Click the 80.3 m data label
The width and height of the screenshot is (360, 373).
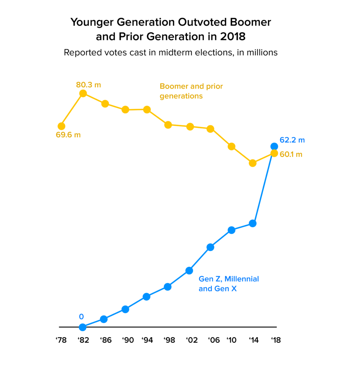89,85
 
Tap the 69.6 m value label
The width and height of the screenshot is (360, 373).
68,135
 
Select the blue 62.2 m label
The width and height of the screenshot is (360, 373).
292,140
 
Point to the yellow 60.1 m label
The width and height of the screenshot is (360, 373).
291,154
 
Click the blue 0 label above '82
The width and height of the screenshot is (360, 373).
81,317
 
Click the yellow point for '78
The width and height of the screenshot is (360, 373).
61,126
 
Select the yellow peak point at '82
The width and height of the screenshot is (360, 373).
83,93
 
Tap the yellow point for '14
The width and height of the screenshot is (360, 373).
253,163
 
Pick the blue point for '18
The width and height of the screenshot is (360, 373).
274,146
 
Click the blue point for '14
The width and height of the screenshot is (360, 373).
253,223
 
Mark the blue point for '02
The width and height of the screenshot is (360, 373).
189,270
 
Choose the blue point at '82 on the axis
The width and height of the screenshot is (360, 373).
83,327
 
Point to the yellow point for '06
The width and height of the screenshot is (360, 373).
210,129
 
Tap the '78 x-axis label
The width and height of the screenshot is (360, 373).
61,340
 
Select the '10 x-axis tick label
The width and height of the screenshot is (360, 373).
231,340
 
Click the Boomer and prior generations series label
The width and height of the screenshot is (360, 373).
191,91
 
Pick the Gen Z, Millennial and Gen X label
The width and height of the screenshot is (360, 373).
228,284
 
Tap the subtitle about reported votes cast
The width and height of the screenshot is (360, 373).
171,52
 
